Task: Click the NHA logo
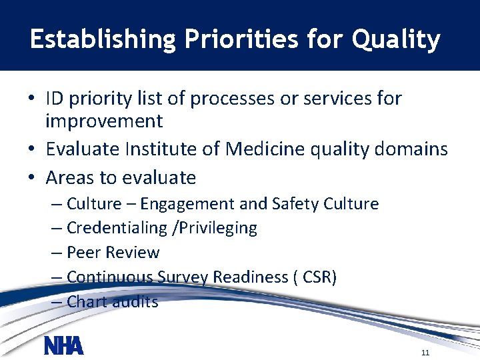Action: click(x=64, y=345)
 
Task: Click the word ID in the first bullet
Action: click(x=55, y=99)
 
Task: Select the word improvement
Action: click(x=104, y=121)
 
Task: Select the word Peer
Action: click(x=83, y=253)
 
